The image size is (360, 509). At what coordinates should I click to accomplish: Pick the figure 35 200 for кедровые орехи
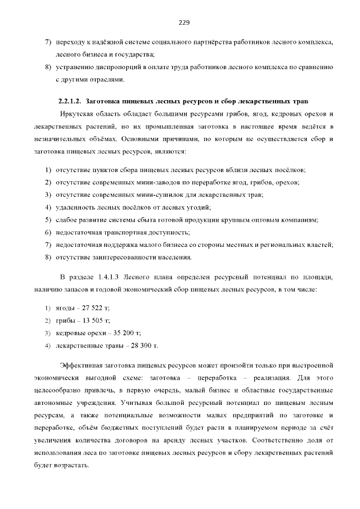pos(124,332)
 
